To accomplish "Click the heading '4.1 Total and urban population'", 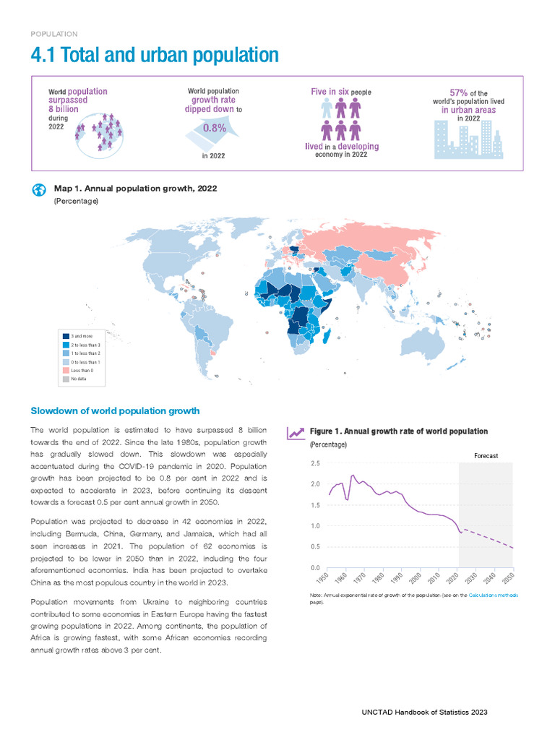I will pos(155,55).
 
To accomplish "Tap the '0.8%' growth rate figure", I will pos(214,128).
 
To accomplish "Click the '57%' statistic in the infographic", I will pos(459,92).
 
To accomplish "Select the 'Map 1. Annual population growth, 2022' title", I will pos(135,189).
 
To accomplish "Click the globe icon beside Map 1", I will pos(39,190).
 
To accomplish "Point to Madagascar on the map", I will pos(327,337).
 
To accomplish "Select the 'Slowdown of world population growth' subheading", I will pos(115,411).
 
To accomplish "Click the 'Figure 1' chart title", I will pos(398,431).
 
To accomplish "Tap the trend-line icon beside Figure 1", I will pos(295,432).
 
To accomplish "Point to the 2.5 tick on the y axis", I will pos(315,463).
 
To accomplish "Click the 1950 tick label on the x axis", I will pos(322,579).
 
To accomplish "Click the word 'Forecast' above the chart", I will pos(486,456).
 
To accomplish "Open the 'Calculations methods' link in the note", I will pos(493,594).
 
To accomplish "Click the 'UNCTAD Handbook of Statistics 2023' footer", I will pos(424,712).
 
